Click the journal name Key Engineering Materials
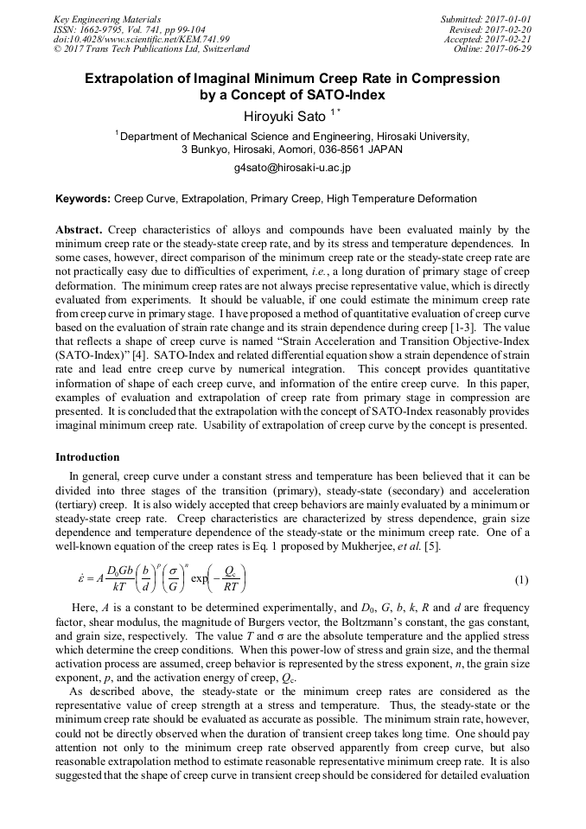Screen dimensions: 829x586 coord(107,18)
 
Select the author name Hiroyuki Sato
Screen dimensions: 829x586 coord(276,116)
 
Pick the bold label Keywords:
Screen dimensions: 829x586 coord(83,199)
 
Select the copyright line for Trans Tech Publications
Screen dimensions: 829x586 coord(152,49)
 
